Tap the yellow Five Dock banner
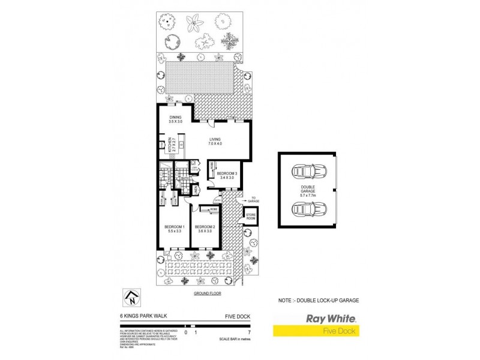click(316, 331)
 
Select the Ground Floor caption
click(206, 294)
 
